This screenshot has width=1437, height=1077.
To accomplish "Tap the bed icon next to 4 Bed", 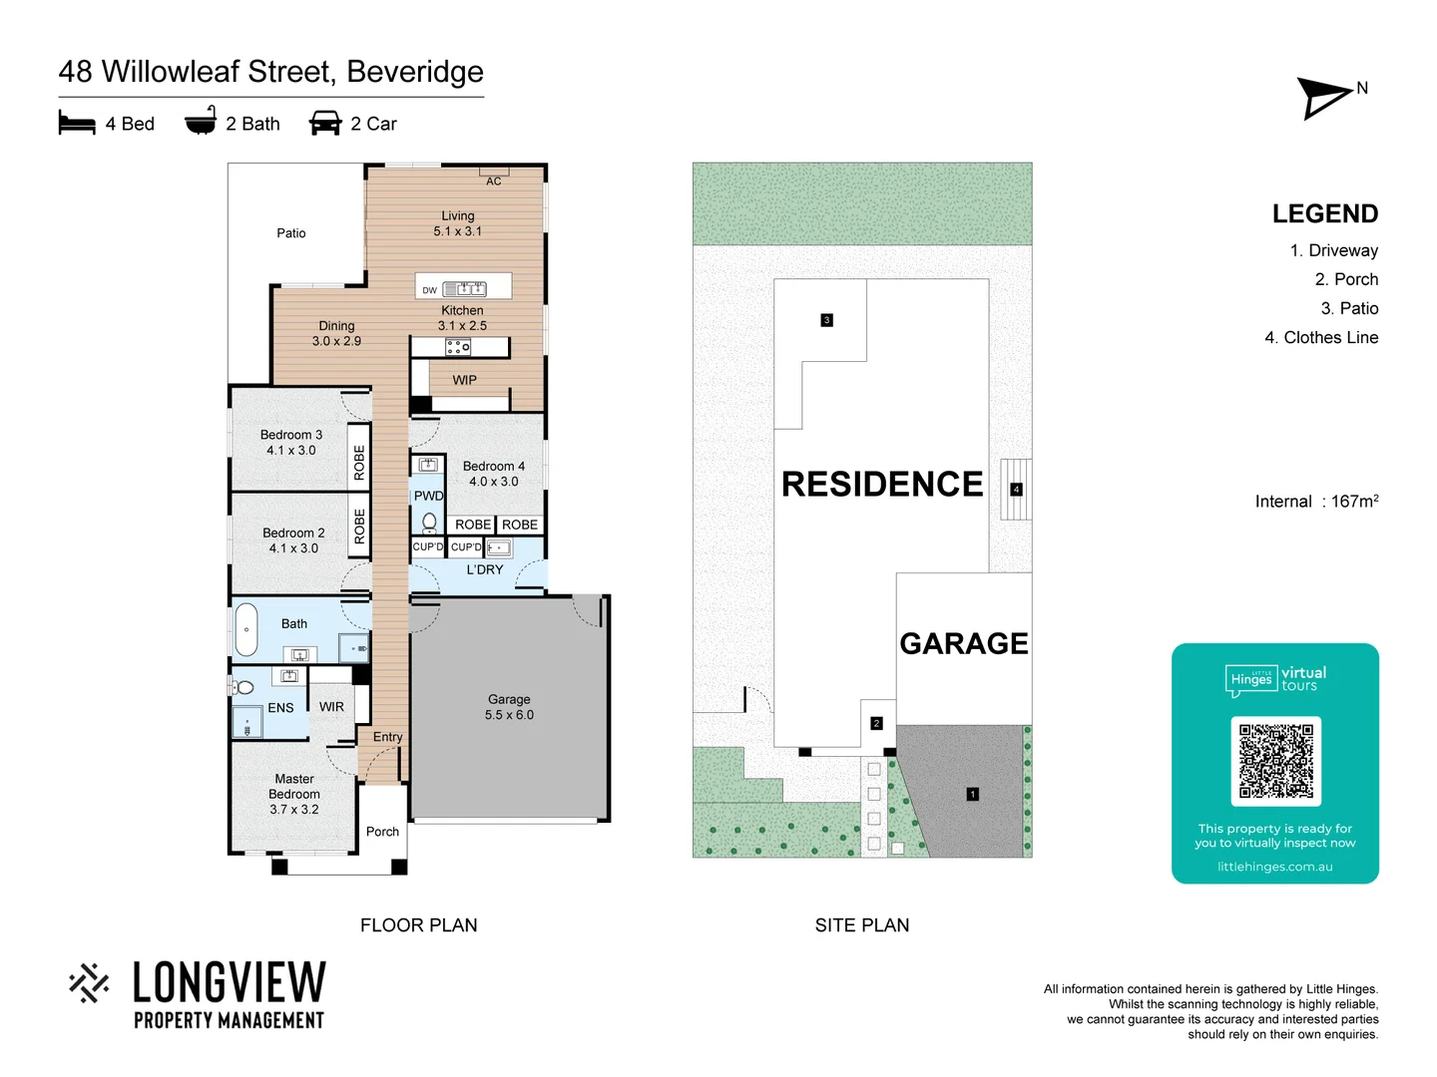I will point(77,123).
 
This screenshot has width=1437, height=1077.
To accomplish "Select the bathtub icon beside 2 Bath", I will point(201,121).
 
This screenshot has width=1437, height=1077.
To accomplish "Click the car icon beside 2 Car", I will point(325,123).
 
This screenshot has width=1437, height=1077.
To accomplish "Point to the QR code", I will point(1275,761).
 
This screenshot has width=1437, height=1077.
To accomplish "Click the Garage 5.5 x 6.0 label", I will point(509,707).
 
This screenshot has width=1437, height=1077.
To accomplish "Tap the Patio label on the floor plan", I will point(291,233).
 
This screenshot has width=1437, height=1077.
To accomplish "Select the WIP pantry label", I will point(464,380).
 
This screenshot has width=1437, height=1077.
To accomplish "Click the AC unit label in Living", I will point(494,180).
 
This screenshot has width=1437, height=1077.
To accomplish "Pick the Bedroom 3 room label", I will point(290,443).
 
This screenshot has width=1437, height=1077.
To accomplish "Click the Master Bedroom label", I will point(294,794).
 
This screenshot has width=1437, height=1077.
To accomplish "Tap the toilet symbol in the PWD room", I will point(429,522).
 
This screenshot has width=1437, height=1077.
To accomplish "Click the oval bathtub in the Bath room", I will point(245,629).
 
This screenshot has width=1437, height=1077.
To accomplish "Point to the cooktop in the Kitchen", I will point(458,347).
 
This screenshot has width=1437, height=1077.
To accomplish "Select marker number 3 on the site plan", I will point(826,320).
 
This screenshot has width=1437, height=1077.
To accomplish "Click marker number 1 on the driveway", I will point(972,794).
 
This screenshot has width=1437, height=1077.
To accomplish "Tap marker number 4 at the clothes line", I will point(1016,490).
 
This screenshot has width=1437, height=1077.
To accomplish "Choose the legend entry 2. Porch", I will point(1346,279).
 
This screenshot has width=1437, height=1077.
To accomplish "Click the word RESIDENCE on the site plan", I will point(882,485).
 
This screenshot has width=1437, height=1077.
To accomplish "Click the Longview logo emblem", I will point(89,982).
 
